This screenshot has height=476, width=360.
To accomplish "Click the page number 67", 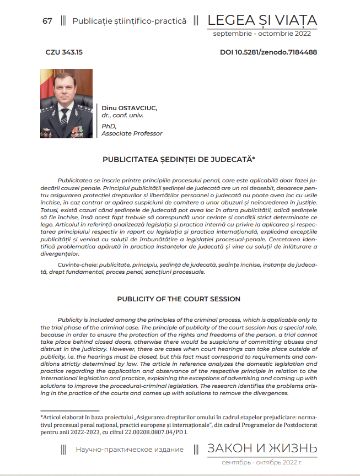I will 47,21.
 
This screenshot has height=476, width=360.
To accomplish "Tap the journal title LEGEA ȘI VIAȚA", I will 262,20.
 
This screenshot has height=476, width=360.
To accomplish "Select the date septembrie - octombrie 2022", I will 262,34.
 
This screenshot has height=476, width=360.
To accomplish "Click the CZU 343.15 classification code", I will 65,53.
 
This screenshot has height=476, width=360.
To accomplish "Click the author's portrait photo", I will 67,104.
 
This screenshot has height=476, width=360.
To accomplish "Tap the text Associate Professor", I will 132,133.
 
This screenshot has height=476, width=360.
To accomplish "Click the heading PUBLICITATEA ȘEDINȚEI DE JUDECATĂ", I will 179,160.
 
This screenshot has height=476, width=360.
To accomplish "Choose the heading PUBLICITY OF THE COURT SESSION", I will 179,299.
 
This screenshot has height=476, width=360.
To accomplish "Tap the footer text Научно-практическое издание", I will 130,450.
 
